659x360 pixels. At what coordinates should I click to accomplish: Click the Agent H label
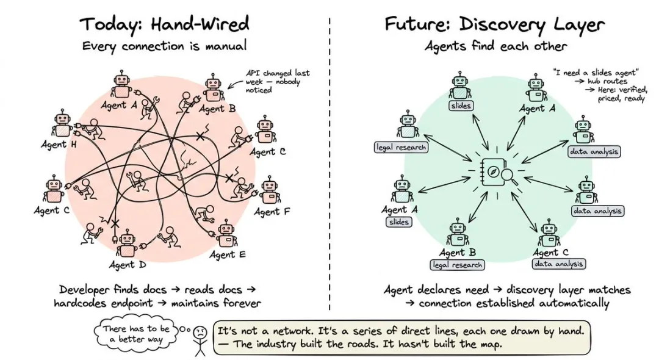coord(59,145)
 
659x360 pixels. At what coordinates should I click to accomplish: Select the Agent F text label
coord(272,211)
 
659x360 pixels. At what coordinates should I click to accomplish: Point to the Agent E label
coord(228,254)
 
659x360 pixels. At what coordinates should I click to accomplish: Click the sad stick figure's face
coord(201,333)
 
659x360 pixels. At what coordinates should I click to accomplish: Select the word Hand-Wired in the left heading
coord(200,24)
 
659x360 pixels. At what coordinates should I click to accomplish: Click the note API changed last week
coord(278,81)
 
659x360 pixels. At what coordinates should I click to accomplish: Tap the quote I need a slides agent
coord(596,73)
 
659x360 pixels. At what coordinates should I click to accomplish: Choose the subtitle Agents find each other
coord(496,46)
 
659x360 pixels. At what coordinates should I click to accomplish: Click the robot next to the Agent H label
coord(63,123)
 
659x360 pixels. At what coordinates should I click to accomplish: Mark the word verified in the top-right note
coord(630,90)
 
